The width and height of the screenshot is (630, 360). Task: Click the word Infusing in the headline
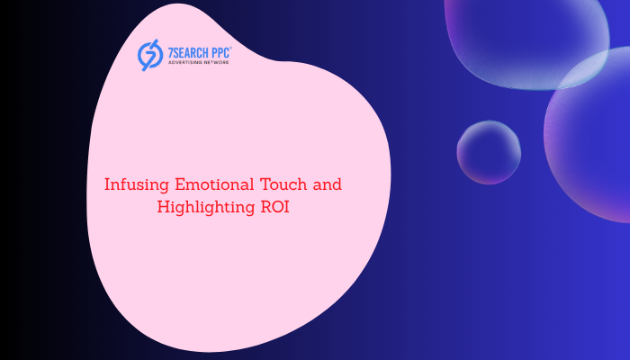click(x=137, y=185)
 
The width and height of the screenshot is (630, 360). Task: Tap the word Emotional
click(x=214, y=184)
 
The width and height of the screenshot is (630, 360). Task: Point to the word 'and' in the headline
click(x=328, y=184)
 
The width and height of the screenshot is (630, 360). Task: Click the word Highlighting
click(x=206, y=208)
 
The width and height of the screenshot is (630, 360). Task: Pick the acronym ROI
click(x=275, y=207)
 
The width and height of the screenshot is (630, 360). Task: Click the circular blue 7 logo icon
click(x=150, y=55)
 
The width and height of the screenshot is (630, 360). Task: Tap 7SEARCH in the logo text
click(x=187, y=53)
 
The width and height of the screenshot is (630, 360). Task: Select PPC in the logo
click(x=220, y=53)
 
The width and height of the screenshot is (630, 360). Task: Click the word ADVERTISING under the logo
click(x=185, y=63)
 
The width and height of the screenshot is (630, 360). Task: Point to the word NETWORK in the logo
click(x=217, y=63)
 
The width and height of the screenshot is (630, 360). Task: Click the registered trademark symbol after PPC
click(x=230, y=49)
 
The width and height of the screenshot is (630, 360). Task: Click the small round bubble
click(x=489, y=152)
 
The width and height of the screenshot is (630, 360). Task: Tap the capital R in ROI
click(x=266, y=207)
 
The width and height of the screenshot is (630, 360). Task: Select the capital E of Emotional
click(x=180, y=184)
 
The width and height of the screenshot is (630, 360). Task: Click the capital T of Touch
click(x=266, y=184)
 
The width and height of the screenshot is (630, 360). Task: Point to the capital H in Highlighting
click(x=164, y=207)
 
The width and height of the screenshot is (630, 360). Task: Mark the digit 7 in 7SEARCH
click(x=170, y=53)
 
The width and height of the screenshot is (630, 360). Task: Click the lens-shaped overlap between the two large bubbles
click(x=583, y=68)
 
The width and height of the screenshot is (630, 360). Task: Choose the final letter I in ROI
click(x=286, y=207)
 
